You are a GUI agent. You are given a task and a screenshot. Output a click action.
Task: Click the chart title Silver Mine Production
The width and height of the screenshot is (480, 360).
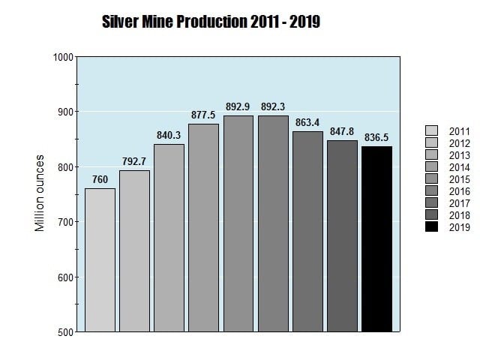click(x=211, y=22)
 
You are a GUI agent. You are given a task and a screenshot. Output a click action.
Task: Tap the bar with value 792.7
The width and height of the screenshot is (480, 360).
click(x=134, y=250)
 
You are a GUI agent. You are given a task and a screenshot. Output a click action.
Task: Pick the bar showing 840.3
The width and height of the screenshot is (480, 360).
click(x=169, y=237)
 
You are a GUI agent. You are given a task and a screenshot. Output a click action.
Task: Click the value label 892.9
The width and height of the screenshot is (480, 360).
click(x=238, y=107)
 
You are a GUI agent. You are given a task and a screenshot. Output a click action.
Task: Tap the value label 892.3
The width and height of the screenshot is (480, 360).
click(x=273, y=107)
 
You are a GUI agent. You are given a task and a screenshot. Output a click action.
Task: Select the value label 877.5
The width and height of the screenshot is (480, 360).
click(x=203, y=115)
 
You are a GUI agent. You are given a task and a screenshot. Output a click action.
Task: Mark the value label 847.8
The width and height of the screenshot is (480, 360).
click(x=342, y=131)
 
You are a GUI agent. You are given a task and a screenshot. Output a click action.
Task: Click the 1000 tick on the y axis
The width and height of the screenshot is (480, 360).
click(x=63, y=57)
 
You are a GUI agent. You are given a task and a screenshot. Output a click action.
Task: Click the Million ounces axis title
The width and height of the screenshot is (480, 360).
click(x=40, y=193)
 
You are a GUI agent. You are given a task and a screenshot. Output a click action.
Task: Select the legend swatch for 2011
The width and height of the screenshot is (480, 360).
click(x=431, y=131)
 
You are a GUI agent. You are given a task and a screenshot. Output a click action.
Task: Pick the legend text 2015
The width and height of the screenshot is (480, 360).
click(x=459, y=179)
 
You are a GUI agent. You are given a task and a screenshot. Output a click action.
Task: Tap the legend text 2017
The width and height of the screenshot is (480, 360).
click(x=459, y=203)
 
